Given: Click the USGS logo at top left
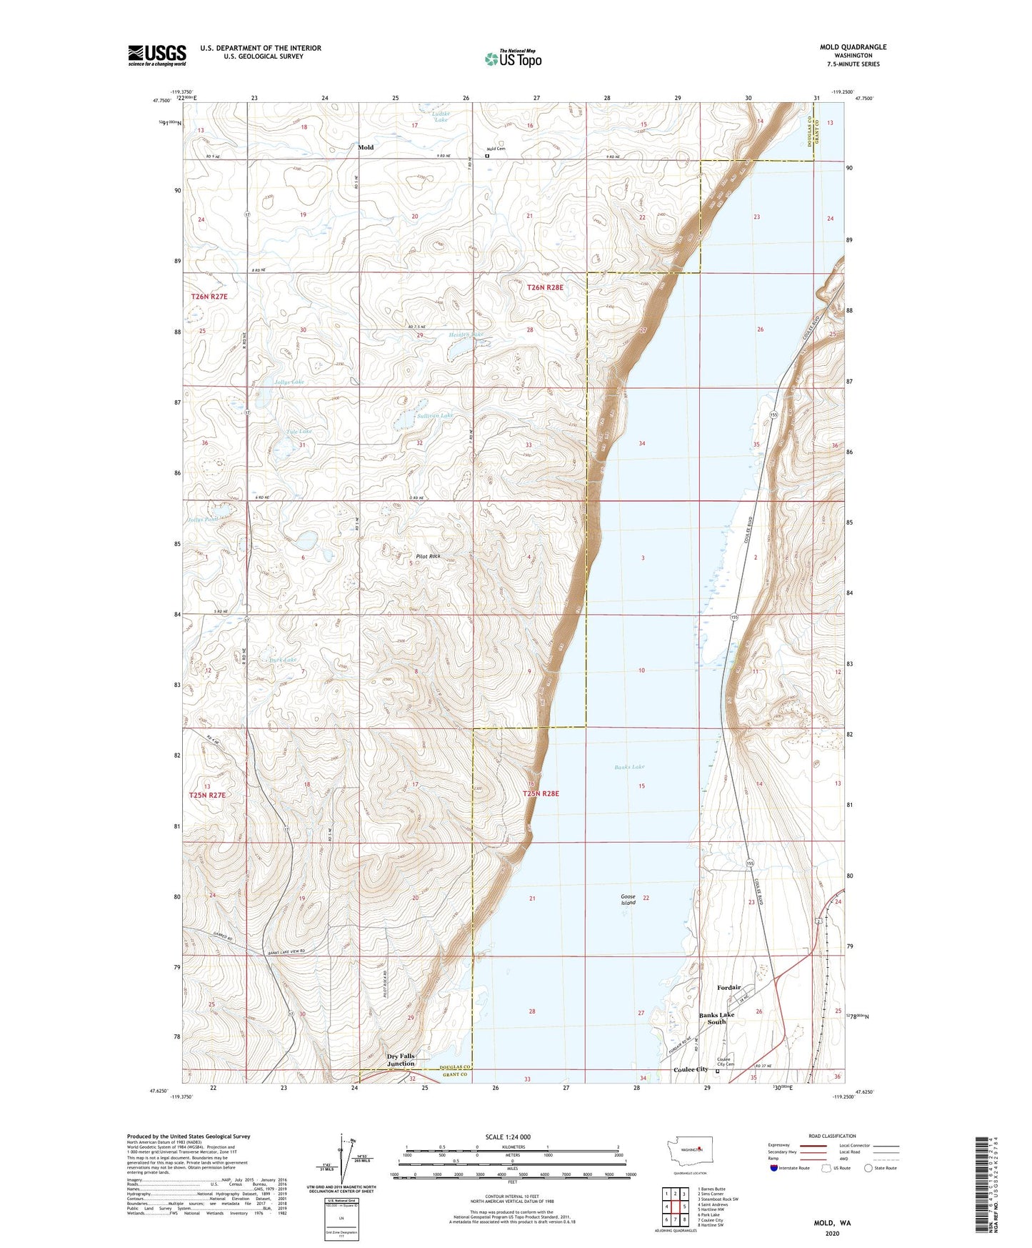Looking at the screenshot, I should tap(156, 55).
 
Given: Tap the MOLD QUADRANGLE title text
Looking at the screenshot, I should tap(853, 47).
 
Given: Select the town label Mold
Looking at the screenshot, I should tap(366, 147).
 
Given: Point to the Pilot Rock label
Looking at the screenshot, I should tap(428, 556).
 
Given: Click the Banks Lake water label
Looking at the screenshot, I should tap(629, 767).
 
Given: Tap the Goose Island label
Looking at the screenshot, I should tap(628, 899).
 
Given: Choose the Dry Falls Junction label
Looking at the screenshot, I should tap(401, 1060).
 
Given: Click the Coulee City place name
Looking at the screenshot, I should tap(691, 1069).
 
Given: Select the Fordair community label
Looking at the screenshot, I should tap(728, 988).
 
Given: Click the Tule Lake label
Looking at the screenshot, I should tap(299, 432).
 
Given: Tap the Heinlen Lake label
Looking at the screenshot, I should tap(466, 335).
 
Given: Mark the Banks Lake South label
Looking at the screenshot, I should tap(716, 1019).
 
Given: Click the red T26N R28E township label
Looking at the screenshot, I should tap(545, 287).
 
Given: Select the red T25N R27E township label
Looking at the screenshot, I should tap(207, 795).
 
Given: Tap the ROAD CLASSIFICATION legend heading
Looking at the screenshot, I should tap(832, 1136).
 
